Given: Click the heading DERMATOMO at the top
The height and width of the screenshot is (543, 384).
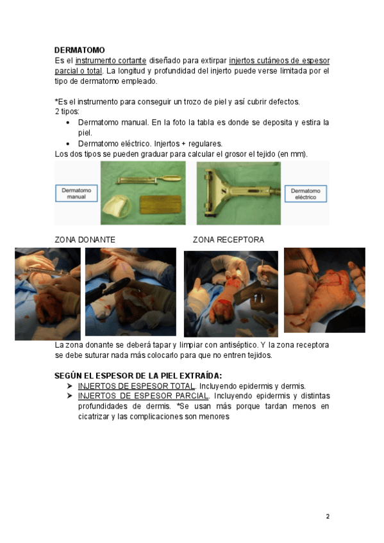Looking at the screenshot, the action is click(x=79, y=50).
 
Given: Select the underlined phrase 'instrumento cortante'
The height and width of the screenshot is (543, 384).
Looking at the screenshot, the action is click(x=111, y=61).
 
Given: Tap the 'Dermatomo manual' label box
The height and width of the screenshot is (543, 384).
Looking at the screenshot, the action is click(x=76, y=193).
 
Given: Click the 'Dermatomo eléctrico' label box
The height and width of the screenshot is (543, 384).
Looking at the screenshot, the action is click(x=306, y=194).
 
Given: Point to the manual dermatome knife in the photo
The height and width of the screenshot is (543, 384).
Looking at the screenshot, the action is click(x=149, y=180).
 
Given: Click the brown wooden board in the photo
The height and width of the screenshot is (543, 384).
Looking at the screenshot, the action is click(x=160, y=205).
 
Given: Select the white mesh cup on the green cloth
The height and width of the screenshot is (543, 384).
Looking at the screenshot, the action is click(x=117, y=207).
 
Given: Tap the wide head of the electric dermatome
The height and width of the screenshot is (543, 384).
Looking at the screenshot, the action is click(x=212, y=193).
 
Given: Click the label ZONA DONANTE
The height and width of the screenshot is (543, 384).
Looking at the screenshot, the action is click(x=85, y=239).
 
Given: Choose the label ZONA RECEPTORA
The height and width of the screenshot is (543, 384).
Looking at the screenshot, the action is click(x=228, y=239).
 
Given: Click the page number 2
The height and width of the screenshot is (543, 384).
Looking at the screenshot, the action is click(x=328, y=516).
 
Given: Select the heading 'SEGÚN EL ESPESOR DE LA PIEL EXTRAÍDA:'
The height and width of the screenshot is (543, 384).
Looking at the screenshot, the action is click(x=138, y=376).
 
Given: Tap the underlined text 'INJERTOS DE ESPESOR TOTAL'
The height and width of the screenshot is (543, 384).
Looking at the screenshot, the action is click(x=137, y=386).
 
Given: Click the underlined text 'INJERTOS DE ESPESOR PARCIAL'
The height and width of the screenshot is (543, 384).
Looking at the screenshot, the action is click(x=144, y=396).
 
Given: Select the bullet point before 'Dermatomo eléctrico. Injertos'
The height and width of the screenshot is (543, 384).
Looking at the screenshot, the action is click(x=68, y=143).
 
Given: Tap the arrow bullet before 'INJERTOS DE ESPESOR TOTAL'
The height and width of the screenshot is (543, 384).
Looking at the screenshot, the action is click(x=69, y=385).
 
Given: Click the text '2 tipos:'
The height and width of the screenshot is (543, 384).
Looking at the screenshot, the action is click(x=67, y=111).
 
